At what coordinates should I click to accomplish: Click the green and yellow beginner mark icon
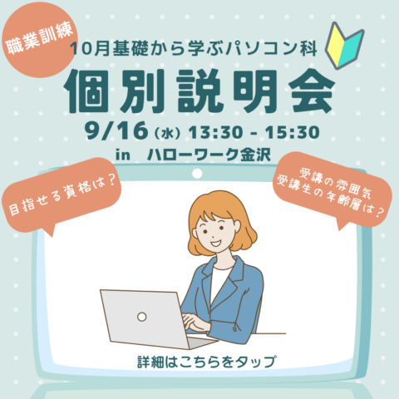[x=344, y=46]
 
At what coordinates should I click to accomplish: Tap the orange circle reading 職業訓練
[x=39, y=40]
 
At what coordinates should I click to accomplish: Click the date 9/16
[x=116, y=131]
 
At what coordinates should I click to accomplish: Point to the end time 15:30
[x=293, y=132]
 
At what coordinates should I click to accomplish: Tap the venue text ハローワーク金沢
[x=209, y=155]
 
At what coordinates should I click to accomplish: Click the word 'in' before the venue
[x=123, y=155]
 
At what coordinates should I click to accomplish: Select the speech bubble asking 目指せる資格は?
[x=61, y=194]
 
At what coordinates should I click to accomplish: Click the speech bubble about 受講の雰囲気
[x=332, y=191]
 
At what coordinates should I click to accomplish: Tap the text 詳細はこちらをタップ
[x=207, y=362]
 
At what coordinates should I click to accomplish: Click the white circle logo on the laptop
[x=141, y=317]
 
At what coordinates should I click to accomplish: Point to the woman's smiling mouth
[x=215, y=244]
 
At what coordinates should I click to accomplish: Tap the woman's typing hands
[x=195, y=322]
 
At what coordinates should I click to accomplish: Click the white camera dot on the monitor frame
[x=197, y=174]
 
